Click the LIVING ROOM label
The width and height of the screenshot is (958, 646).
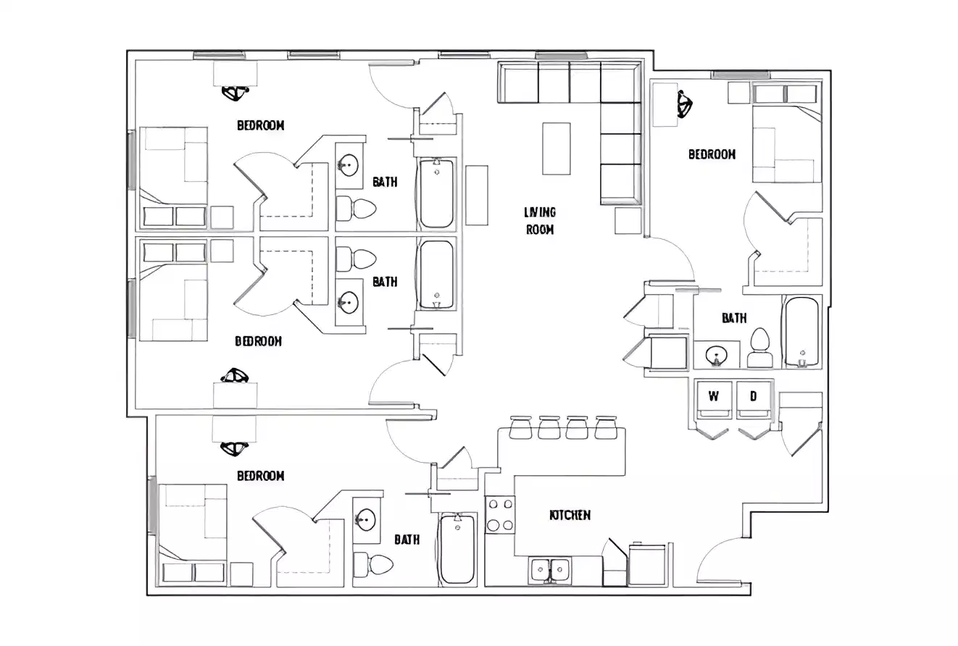[x=540, y=221]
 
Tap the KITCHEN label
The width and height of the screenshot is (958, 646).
[x=570, y=515]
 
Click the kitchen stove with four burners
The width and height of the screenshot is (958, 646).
[x=499, y=515]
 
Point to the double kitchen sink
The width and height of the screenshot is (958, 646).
[x=549, y=570]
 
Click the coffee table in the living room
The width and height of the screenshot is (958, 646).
[x=557, y=148]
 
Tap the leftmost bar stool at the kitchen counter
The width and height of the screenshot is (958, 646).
[x=521, y=428]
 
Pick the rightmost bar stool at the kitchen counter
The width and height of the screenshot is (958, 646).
[x=605, y=428]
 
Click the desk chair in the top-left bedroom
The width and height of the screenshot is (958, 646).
[x=236, y=93]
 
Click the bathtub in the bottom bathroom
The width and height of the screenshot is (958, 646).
[x=457, y=549]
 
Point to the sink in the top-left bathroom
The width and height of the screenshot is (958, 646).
[x=349, y=165]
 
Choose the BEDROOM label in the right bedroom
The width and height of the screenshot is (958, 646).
[x=712, y=154]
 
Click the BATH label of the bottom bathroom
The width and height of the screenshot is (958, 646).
[x=407, y=540]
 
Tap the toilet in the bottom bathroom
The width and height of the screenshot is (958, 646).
[x=374, y=563]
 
